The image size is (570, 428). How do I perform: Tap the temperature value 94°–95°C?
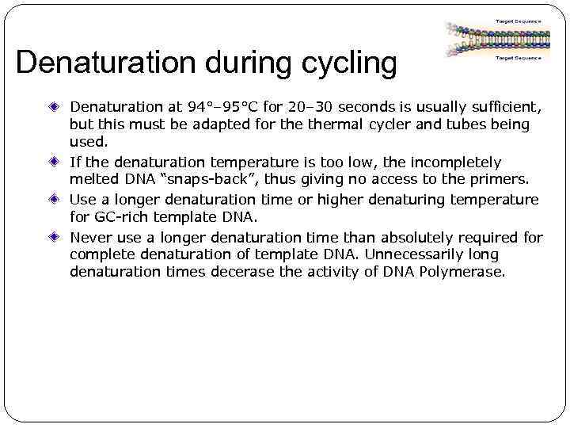226,107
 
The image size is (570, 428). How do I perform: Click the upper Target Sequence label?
518,21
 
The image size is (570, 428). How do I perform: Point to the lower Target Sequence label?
518,58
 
